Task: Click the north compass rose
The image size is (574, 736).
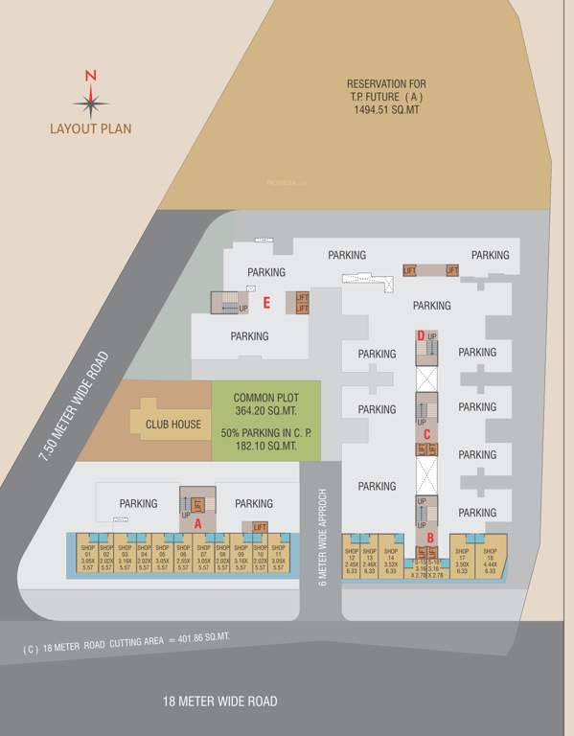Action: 90,99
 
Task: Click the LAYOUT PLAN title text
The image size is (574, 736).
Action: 91,127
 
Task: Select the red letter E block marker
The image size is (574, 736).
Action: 267,304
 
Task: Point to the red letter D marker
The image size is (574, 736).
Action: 422,335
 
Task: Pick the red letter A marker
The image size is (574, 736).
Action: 197,524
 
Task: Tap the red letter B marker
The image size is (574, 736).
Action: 430,538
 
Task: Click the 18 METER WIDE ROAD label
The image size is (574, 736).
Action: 220,701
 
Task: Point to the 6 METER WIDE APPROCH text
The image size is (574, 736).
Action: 323,536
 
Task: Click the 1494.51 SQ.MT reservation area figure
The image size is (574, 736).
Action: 386,111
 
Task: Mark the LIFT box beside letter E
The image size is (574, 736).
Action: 302,303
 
